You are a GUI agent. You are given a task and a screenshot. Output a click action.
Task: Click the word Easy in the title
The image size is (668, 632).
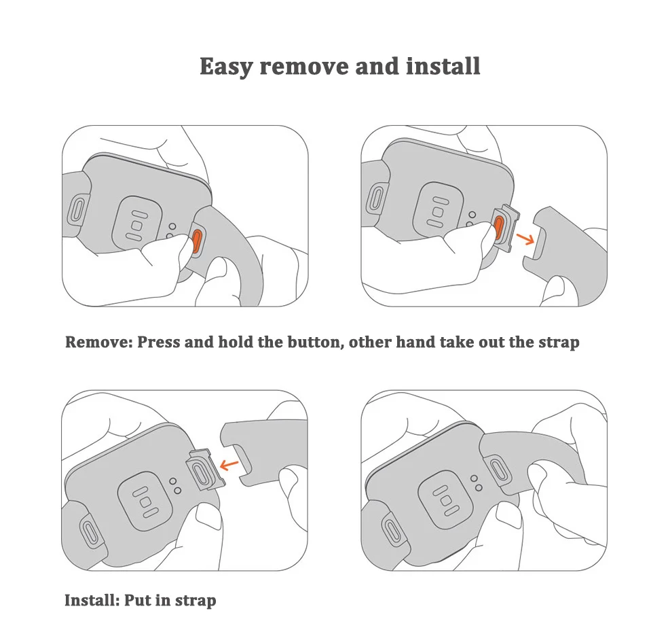pyautogui.click(x=226, y=67)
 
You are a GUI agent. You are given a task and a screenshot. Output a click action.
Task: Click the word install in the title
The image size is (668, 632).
pyautogui.click(x=443, y=67)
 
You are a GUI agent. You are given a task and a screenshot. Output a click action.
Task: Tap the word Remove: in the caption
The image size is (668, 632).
pyautogui.click(x=98, y=342)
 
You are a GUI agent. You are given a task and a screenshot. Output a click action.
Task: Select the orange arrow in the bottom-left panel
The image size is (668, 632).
pyautogui.click(x=231, y=465)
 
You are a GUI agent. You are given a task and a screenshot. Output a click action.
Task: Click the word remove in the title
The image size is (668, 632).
pyautogui.click(x=299, y=67)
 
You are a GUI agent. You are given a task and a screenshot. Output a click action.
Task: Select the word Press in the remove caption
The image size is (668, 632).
pyautogui.click(x=160, y=342)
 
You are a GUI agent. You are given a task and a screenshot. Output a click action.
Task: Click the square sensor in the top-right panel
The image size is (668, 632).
pyautogui.click(x=439, y=207)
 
